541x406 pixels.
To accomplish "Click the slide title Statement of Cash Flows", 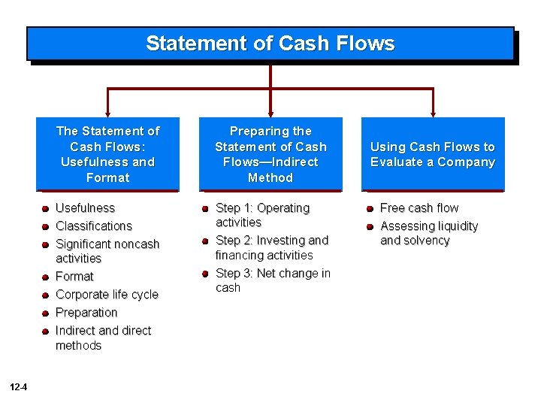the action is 270,44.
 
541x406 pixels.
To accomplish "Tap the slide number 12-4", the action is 20,388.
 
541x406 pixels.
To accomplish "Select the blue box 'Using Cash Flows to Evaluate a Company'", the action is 433,154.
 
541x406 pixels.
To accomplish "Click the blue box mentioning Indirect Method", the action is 270,154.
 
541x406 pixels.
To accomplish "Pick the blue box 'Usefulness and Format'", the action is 107,154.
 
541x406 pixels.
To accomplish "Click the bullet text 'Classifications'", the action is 94,226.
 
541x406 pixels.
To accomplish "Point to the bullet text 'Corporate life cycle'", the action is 107,294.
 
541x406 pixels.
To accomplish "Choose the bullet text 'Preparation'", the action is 86,312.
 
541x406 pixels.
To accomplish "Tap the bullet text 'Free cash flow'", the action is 419,208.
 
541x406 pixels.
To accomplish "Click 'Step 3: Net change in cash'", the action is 272,280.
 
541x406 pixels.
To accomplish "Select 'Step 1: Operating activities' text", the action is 262,215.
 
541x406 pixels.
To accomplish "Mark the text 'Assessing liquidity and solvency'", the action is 428,233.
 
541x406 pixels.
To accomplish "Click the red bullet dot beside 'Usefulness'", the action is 46,208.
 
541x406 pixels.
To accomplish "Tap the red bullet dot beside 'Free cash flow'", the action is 370,208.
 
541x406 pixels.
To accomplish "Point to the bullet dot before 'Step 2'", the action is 205,241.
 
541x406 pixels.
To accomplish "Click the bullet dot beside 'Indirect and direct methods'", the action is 46,331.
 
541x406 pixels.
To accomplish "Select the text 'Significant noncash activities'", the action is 107,251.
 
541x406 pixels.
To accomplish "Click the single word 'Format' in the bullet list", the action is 74,276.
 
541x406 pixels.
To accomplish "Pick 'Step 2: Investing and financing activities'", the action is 271,247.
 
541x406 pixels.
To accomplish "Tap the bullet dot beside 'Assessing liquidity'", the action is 370,226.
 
